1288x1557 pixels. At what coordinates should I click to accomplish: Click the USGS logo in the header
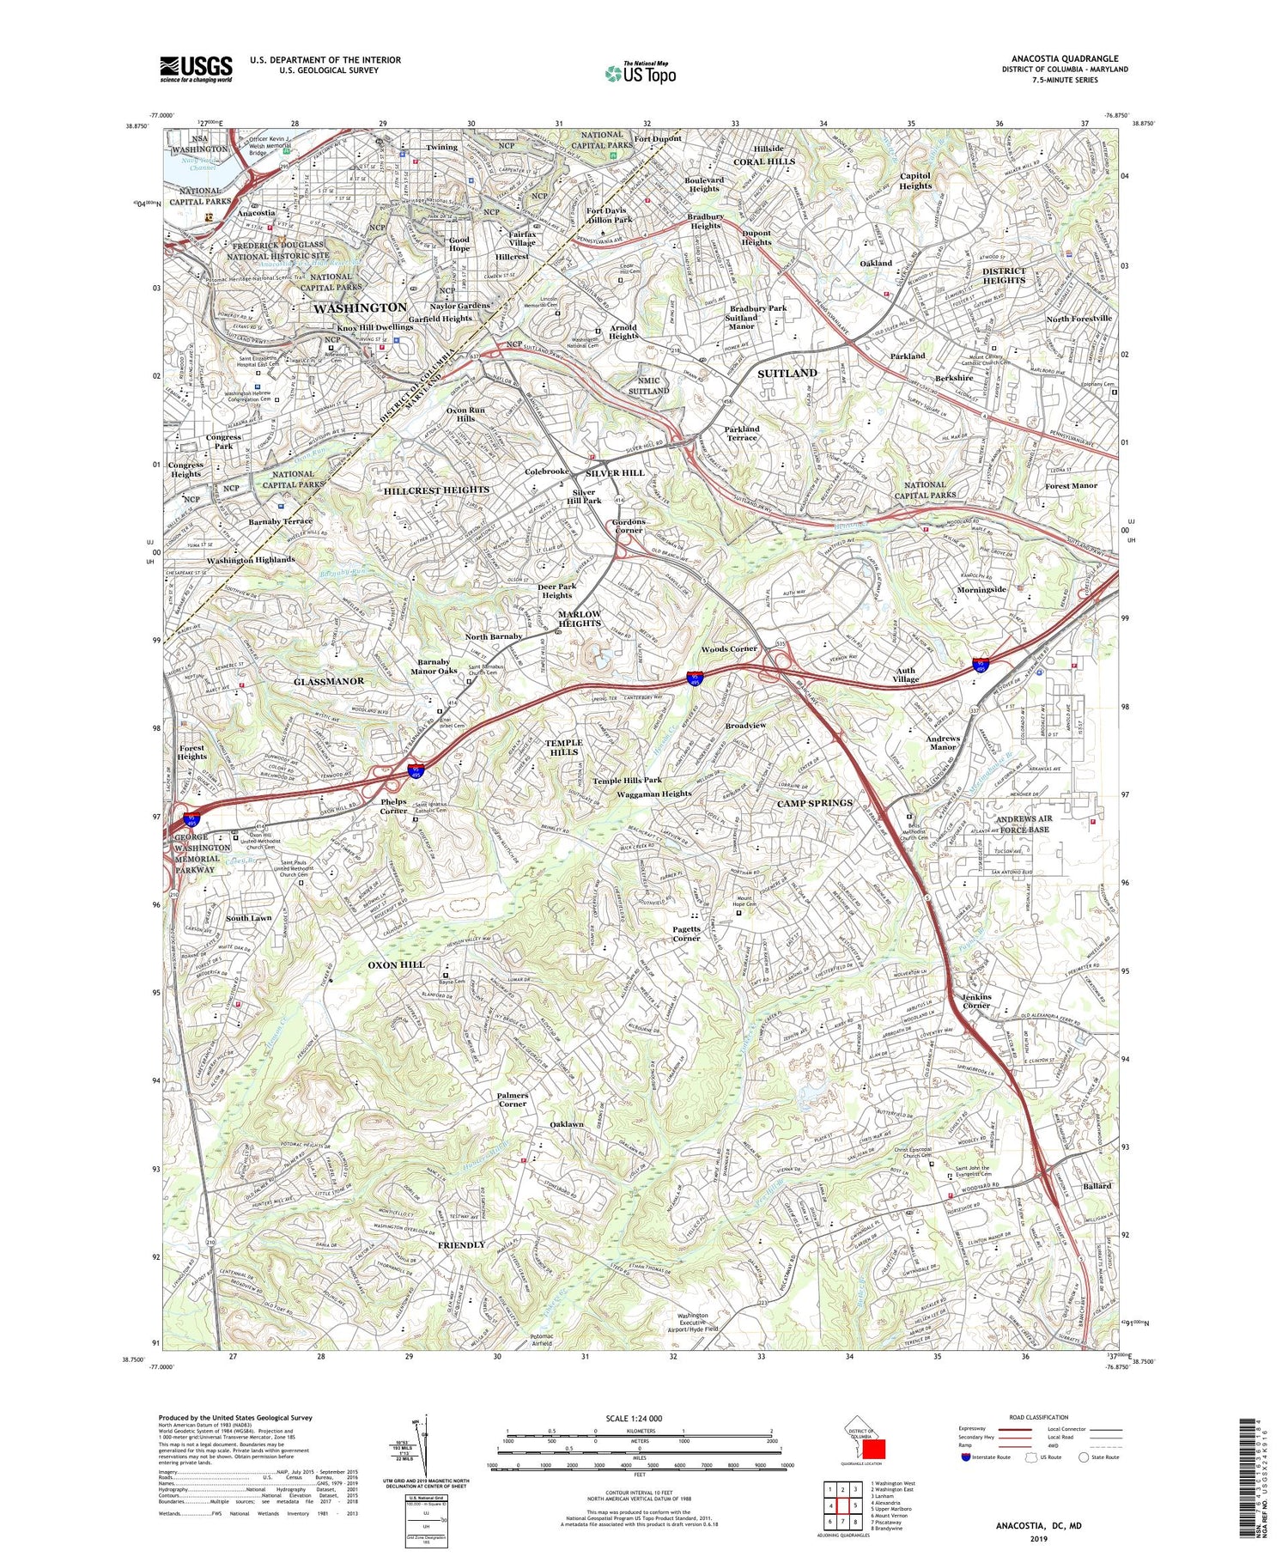[x=196, y=69]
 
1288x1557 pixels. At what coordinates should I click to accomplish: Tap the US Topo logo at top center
[x=640, y=73]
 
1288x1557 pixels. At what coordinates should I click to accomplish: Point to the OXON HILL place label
[x=396, y=964]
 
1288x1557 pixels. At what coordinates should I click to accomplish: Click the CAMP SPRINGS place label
[x=815, y=803]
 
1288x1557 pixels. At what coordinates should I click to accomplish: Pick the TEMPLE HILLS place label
[x=563, y=747]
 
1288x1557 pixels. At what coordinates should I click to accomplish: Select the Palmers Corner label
[x=513, y=1099]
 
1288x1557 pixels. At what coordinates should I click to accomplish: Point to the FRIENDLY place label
[x=461, y=1244]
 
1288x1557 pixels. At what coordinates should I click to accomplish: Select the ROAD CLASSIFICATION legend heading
[x=1038, y=1417]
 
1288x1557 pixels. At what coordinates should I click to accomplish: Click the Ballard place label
[x=1097, y=1186]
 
